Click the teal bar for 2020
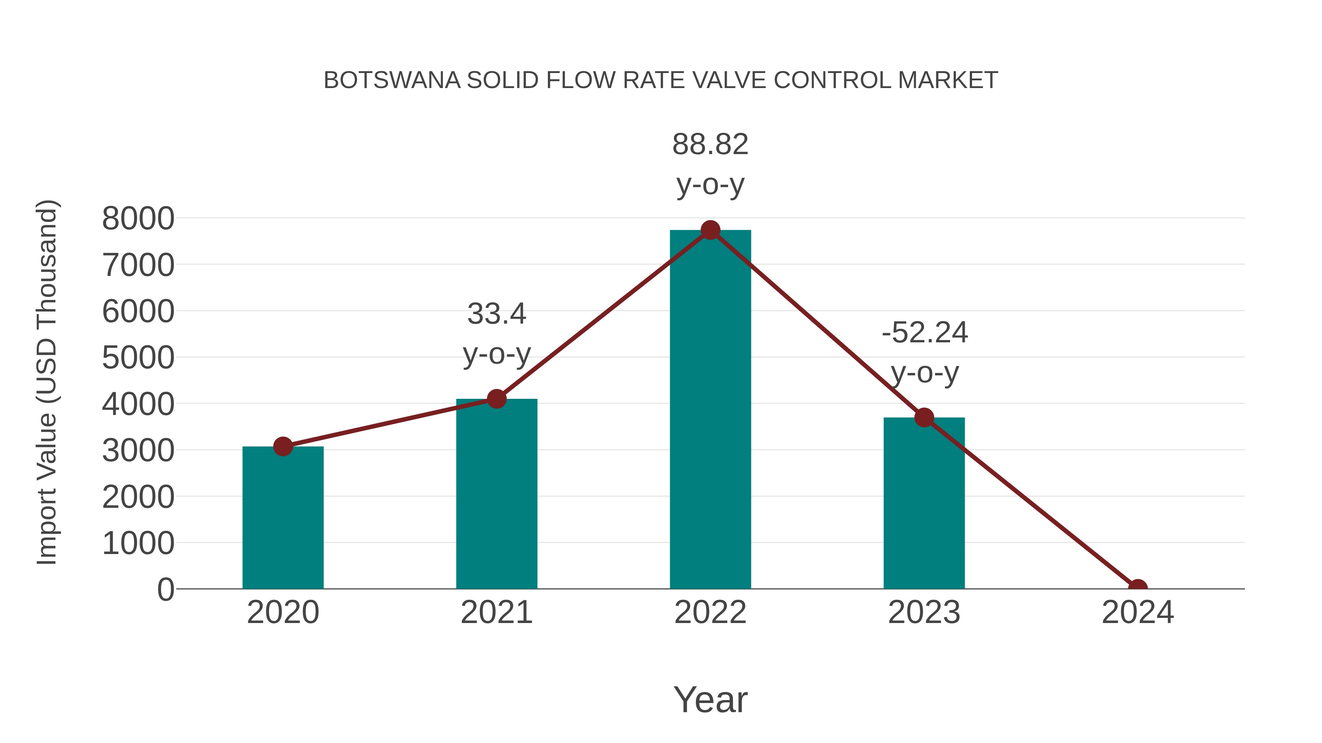click(283, 518)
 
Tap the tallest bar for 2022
click(710, 410)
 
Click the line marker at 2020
click(283, 447)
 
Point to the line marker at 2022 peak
click(710, 230)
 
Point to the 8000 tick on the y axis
click(138, 219)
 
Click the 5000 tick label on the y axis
click(138, 358)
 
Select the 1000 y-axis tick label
click(138, 543)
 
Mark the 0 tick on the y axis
click(165, 590)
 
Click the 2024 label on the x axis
click(1138, 613)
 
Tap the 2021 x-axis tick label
click(496, 613)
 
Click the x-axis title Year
click(710, 700)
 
